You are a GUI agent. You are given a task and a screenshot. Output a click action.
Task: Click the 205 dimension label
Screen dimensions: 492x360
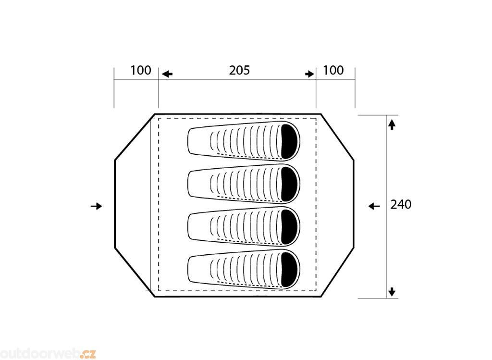click(239, 70)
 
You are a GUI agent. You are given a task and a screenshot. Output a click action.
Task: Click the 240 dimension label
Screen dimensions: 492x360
click(401, 205)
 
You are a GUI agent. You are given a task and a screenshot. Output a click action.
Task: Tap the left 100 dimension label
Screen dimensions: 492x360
click(141, 70)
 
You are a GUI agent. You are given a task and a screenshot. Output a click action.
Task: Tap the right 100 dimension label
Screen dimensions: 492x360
click(333, 70)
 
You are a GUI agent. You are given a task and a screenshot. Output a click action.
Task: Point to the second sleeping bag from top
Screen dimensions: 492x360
click(244, 184)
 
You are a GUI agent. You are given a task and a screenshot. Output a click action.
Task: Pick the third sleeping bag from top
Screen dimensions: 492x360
click(244, 226)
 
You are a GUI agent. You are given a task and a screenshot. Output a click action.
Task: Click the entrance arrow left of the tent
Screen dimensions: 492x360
click(96, 206)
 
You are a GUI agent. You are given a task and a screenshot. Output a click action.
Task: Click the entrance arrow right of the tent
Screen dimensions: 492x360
click(374, 206)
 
